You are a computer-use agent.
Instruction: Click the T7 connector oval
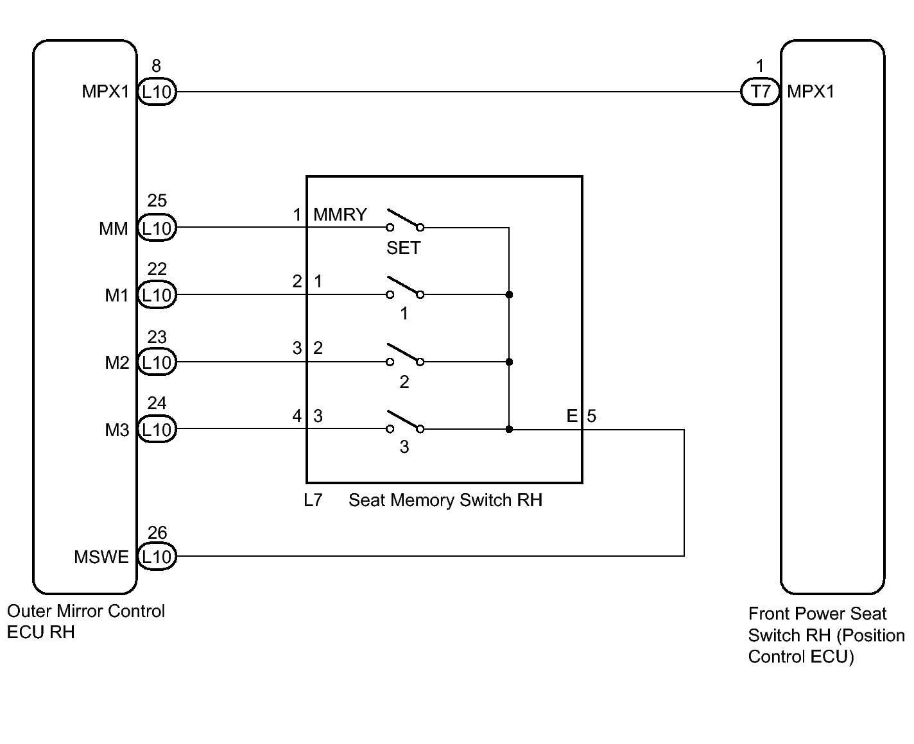tap(759, 91)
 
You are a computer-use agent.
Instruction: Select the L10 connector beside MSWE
tap(157, 557)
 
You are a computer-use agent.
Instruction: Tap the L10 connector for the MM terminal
tap(157, 228)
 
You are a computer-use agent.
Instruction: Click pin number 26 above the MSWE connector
tap(157, 532)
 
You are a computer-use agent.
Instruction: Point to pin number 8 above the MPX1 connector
tap(156, 66)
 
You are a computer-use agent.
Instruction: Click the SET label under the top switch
tap(403, 248)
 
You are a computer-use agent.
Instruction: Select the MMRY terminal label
tap(340, 214)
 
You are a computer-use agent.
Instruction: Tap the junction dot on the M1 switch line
tap(509, 294)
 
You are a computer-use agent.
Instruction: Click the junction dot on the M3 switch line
tap(509, 429)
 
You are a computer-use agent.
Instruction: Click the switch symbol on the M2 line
tap(405, 355)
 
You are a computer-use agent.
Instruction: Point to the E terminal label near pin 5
tap(572, 416)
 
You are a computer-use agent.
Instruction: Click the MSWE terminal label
tap(101, 557)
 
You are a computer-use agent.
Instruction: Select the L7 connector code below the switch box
tap(313, 500)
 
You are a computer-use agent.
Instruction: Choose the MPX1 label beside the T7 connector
tap(811, 92)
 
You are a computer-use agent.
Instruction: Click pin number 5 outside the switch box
tap(591, 416)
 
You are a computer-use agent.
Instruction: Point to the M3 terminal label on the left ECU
tap(117, 430)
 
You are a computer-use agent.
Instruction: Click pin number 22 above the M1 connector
tap(157, 269)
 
